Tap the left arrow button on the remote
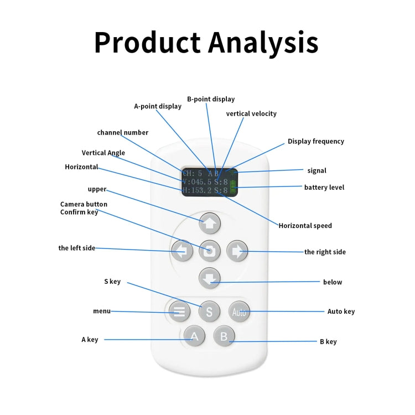[x=182, y=251]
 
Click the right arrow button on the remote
[x=237, y=251]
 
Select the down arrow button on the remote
[x=210, y=278]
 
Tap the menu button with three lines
[x=179, y=311]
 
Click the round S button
[x=209, y=312]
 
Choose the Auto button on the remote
[x=239, y=312]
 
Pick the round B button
[x=224, y=336]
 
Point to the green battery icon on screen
[x=233, y=188]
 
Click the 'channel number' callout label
[x=122, y=132]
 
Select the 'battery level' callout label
[x=324, y=188]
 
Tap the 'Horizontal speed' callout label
[x=305, y=226]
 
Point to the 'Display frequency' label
[x=316, y=141]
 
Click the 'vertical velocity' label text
[x=251, y=113]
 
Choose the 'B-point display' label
[x=211, y=99]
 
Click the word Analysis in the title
[x=263, y=43]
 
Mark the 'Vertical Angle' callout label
[x=103, y=153]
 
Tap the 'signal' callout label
[x=317, y=171]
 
